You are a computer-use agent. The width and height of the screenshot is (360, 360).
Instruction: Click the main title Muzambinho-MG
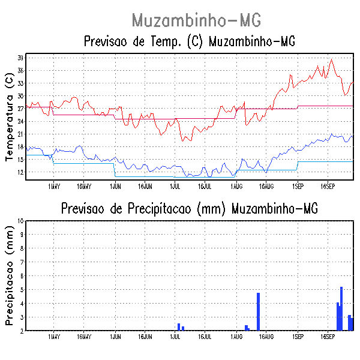coord(196,20)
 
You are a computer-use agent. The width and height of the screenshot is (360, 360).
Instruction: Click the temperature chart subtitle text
coord(190,41)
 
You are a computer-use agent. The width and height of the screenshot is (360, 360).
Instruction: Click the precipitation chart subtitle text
coord(189,209)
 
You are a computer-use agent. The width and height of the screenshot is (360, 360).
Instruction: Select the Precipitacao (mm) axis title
coord(9,275)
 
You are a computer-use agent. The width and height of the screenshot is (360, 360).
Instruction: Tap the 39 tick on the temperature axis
coord(20,58)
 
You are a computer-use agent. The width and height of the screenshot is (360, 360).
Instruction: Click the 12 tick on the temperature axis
coord(20,172)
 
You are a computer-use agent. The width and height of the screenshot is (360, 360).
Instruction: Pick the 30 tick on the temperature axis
coord(20,96)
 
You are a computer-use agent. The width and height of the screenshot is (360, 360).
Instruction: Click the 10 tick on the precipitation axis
coord(20,221)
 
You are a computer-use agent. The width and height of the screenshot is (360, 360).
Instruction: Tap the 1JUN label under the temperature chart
coord(115,187)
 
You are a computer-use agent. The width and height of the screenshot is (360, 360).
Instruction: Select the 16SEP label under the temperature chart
coord(327,187)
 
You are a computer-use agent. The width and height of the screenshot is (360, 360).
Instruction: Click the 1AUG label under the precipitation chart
coord(236,337)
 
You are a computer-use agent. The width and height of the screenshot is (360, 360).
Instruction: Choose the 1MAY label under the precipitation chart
coord(53,337)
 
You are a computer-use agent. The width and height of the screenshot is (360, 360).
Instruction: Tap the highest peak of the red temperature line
coord(331,59)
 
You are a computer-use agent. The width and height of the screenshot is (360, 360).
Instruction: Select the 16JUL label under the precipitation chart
coord(205,337)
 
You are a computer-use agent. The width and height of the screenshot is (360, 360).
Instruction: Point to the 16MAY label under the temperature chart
coord(83,187)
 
